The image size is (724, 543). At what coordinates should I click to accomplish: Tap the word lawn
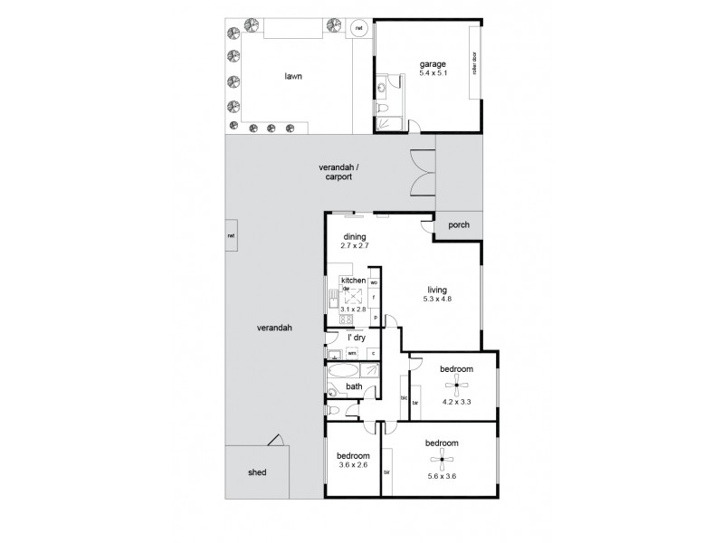tap(292, 77)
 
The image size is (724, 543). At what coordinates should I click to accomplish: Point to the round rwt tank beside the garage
tap(359, 29)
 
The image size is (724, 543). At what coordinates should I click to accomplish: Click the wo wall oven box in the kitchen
tap(374, 283)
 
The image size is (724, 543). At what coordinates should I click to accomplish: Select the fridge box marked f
tap(374, 298)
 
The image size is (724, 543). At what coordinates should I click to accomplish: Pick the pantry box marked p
tap(374, 317)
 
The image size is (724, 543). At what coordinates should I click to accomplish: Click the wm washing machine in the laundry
tap(352, 353)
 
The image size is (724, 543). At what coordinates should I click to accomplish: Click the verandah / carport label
tap(335, 172)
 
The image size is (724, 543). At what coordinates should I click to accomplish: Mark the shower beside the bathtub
tap(372, 371)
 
